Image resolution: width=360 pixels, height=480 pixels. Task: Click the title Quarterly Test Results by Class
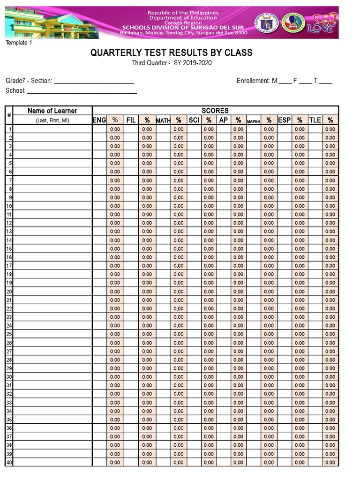[x=171, y=52]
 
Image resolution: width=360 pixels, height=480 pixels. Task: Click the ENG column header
[x=99, y=120]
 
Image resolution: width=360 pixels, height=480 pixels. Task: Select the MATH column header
[x=163, y=120]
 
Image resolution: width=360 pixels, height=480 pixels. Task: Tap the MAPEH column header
[x=254, y=121]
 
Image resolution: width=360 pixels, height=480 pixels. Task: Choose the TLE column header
[x=315, y=120]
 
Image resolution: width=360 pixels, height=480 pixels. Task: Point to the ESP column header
[x=285, y=120]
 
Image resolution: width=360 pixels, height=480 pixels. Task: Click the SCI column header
[x=194, y=120]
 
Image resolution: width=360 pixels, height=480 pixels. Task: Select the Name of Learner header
[x=52, y=111]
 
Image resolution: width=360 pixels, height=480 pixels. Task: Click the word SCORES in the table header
[x=215, y=111]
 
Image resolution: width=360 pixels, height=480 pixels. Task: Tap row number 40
[x=9, y=463]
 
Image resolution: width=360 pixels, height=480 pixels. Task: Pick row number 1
[x=10, y=129]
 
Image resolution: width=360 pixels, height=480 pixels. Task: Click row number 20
[x=9, y=292]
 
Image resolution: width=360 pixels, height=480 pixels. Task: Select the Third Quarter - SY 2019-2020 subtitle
[x=174, y=64]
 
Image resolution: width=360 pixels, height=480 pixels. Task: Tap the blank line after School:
[x=82, y=91]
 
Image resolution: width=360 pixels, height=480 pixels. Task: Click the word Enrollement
[x=253, y=81]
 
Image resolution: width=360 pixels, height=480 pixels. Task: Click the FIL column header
[x=131, y=120]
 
